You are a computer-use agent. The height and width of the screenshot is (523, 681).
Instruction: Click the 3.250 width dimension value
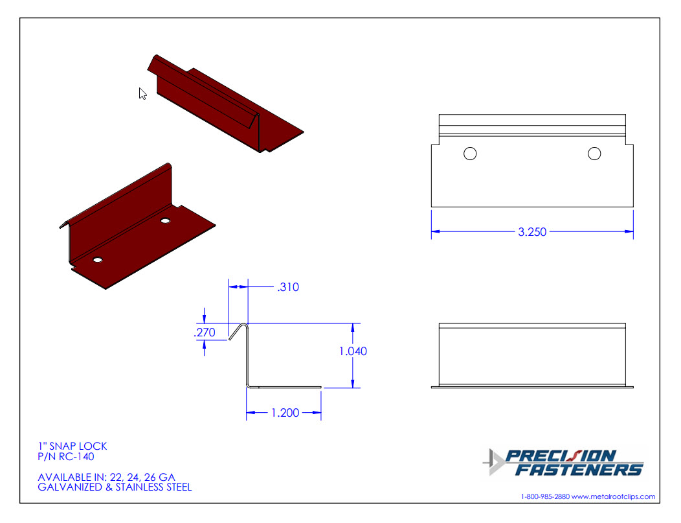[532, 232]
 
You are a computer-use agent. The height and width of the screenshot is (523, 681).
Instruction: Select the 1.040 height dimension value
[353, 351]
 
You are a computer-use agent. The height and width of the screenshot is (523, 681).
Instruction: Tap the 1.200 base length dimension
[285, 413]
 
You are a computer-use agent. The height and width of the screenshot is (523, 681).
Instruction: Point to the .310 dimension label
[288, 287]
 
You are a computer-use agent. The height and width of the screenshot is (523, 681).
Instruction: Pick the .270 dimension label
[204, 332]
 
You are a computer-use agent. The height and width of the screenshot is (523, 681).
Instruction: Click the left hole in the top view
[470, 154]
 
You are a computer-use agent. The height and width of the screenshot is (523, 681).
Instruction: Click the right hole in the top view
[594, 154]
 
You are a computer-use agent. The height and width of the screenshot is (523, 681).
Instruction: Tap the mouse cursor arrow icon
[142, 93]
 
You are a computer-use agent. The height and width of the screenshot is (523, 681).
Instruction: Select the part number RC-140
[76, 456]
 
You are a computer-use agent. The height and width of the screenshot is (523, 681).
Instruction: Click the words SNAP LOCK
[78, 446]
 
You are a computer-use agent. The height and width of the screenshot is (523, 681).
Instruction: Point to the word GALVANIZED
[70, 487]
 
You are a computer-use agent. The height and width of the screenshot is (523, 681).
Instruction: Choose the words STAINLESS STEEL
[153, 487]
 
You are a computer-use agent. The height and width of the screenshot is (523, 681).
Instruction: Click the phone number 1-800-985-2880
[545, 496]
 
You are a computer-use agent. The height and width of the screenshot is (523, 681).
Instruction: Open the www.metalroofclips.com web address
[613, 496]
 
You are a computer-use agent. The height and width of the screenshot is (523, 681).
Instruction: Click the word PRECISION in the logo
[561, 456]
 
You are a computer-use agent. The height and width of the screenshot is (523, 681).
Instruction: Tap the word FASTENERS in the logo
[579, 469]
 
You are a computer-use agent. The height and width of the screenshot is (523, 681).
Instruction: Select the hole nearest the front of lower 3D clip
[98, 259]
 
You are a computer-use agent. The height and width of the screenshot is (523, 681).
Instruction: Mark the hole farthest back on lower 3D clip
[165, 221]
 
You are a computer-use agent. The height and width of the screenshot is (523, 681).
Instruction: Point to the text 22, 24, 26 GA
[142, 478]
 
